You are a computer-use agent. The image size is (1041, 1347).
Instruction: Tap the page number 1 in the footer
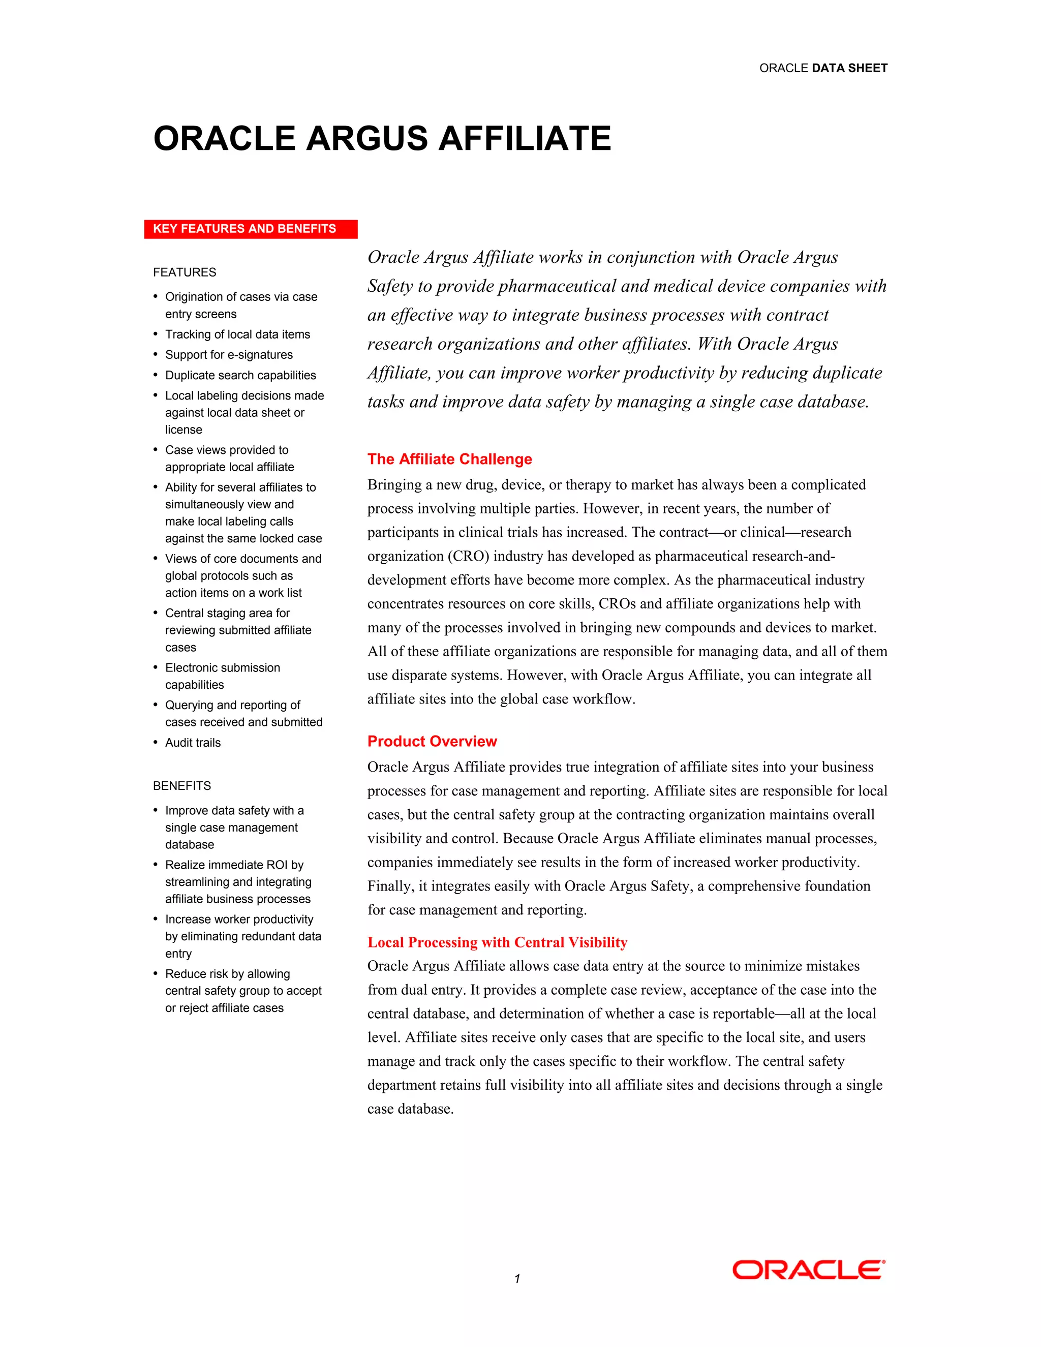517,1278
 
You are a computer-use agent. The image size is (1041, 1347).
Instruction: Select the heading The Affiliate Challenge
449,459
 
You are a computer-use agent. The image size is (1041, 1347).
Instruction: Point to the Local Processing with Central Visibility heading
497,942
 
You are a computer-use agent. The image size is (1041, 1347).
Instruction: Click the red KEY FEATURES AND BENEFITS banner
251,229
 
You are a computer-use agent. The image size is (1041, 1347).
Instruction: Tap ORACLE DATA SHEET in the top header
823,68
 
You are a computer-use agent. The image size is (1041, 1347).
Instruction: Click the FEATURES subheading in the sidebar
185,272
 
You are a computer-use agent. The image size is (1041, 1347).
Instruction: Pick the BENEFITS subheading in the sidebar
182,786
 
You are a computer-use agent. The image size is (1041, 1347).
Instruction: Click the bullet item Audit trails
193,743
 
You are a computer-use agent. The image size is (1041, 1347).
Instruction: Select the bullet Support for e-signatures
228,355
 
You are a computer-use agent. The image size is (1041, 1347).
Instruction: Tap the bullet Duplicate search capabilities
240,375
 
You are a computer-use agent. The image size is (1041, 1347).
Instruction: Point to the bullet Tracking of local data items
237,334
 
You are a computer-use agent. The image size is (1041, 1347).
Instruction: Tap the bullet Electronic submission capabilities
222,676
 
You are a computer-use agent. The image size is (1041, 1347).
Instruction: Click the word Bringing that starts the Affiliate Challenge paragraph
394,485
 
